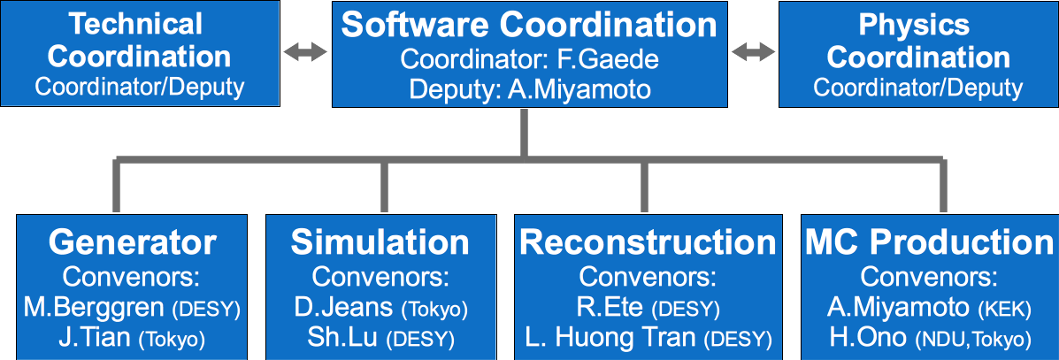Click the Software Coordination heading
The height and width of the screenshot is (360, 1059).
529,24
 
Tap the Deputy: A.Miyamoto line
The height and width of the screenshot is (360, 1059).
529,88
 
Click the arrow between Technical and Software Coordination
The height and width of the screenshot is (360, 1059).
305,52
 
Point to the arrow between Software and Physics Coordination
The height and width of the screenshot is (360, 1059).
753,52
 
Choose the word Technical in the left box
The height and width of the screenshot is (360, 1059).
135,25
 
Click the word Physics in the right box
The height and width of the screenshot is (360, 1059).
914,25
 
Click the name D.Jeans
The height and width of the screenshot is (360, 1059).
343,308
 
